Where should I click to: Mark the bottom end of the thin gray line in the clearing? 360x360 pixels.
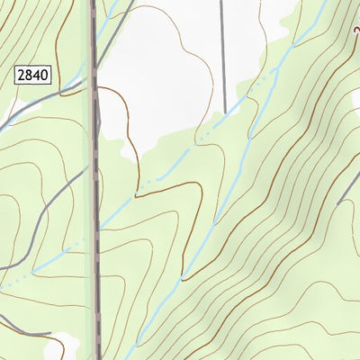click(x=223, y=112)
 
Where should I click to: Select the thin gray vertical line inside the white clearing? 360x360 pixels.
click(x=222, y=54)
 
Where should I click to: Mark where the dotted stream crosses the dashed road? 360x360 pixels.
click(x=95, y=229)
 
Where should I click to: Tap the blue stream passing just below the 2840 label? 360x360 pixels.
click(x=36, y=108)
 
